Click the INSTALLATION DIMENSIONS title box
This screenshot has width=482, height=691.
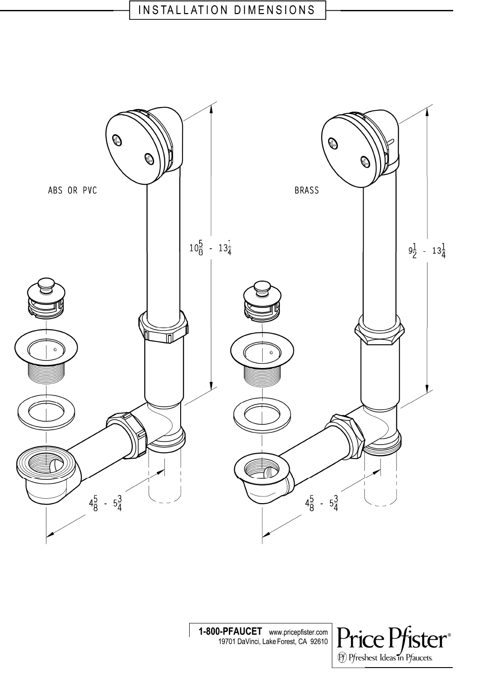(227, 10)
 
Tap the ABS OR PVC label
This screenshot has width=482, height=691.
(73, 191)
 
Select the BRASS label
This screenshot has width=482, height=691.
(307, 191)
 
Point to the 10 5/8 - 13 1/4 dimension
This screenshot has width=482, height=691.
(210, 249)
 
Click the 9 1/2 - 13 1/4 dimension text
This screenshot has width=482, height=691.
(427, 251)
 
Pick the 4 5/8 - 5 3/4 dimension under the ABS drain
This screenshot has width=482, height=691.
(105, 503)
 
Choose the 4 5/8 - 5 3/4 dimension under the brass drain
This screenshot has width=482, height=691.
(322, 503)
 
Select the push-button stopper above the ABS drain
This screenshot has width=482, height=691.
(46, 297)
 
